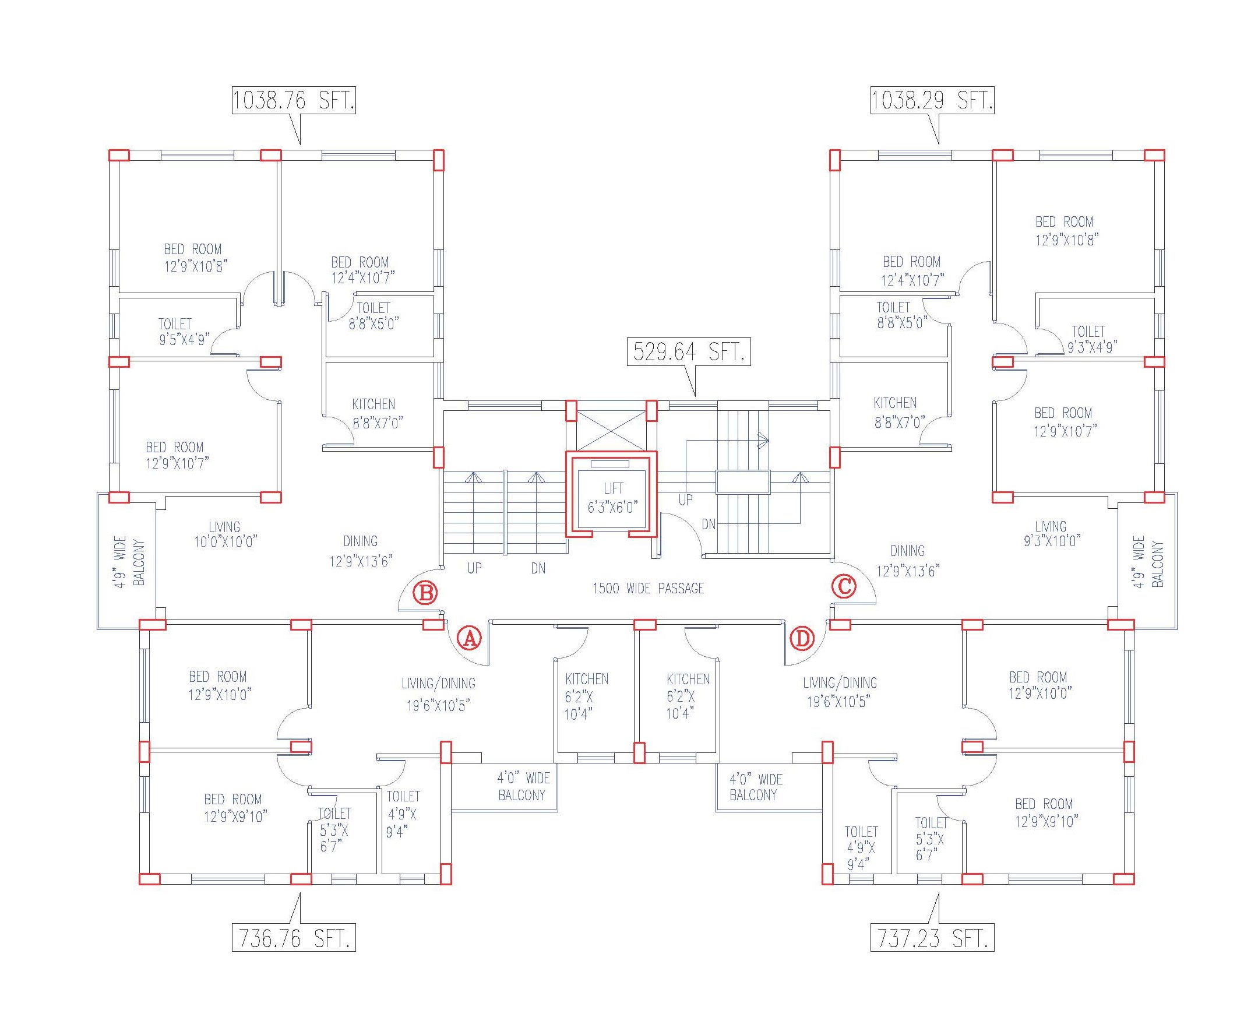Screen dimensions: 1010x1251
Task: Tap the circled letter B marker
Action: tap(425, 593)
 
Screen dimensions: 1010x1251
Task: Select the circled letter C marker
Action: tap(844, 586)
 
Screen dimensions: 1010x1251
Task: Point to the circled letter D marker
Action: tap(802, 638)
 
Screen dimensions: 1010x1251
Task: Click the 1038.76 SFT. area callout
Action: tap(293, 100)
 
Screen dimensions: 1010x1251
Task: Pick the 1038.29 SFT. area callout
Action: tap(932, 100)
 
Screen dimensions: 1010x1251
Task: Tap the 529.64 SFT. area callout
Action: tap(688, 352)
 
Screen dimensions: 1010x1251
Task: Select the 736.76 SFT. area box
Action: tap(293, 938)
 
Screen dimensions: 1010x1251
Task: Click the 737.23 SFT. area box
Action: tap(932, 938)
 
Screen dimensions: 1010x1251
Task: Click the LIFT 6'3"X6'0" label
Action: tap(612, 498)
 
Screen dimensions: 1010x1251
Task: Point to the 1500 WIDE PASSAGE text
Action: tap(648, 589)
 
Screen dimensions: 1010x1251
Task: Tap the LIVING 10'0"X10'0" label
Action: tap(225, 534)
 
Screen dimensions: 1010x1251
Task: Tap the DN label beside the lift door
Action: tap(709, 525)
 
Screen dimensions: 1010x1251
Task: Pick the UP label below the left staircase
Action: tap(474, 568)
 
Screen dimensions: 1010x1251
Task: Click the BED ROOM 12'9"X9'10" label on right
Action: tap(1045, 812)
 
